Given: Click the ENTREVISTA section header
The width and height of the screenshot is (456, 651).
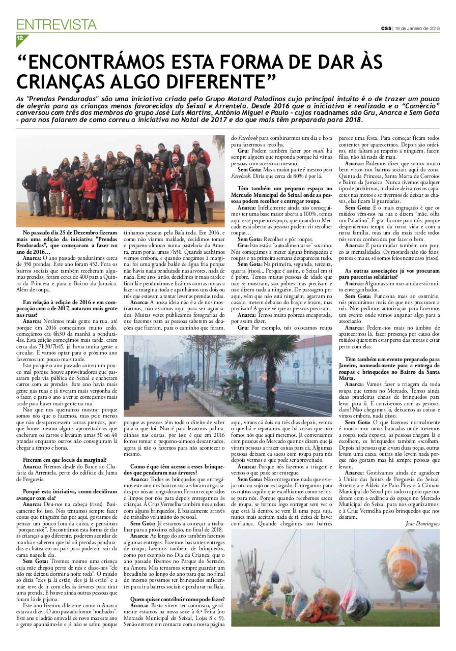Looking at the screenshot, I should (56, 24).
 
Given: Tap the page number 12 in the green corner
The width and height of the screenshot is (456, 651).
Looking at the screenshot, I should (20, 38).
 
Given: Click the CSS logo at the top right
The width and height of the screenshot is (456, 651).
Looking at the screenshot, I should (386, 28).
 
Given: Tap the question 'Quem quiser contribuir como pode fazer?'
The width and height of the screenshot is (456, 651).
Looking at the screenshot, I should (177, 599).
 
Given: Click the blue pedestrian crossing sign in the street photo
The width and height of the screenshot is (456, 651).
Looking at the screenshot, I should (296, 365).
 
